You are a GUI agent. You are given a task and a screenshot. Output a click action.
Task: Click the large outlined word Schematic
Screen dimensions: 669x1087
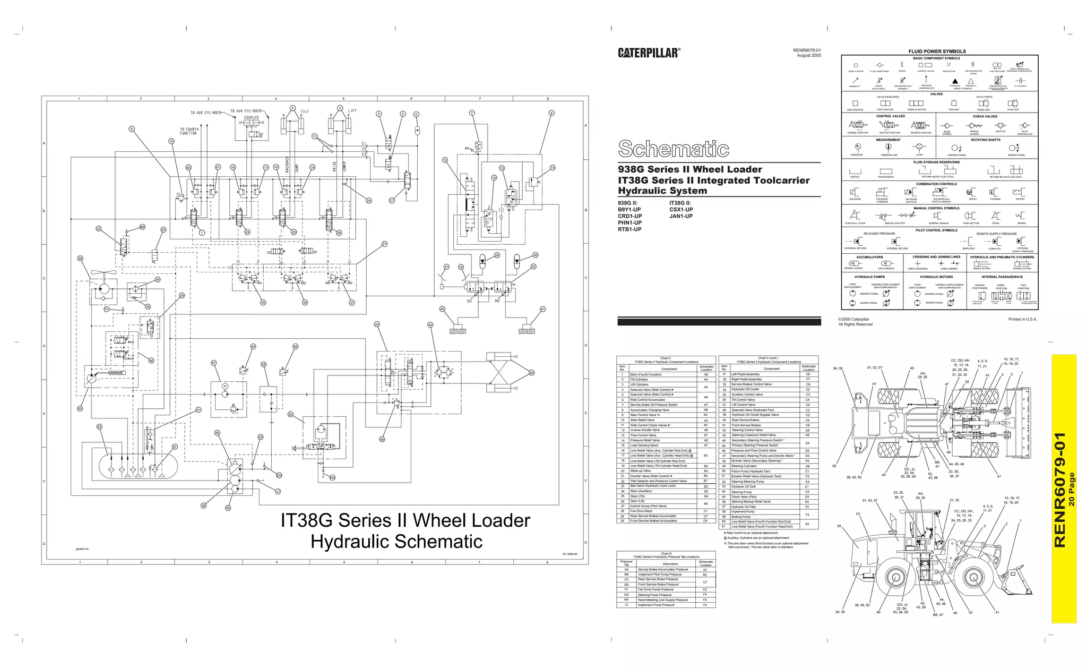point(673,149)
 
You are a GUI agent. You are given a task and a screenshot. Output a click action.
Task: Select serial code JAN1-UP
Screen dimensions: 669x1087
point(681,216)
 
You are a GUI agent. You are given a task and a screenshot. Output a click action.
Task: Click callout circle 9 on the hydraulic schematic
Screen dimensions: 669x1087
point(132,129)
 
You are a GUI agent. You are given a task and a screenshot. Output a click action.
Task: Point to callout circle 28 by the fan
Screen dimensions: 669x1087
point(80,259)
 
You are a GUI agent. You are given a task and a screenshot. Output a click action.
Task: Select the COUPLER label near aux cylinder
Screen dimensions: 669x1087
point(251,118)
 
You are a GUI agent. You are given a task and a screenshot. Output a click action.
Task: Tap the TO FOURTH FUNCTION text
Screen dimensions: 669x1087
point(188,131)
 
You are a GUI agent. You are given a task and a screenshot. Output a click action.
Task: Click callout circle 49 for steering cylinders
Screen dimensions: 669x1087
point(531,373)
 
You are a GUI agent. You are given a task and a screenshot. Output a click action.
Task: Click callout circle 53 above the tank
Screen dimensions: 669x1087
point(99,427)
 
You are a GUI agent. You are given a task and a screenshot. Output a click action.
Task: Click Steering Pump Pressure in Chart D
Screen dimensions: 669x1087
point(654,595)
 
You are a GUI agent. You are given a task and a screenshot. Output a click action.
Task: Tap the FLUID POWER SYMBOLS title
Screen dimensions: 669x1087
point(937,52)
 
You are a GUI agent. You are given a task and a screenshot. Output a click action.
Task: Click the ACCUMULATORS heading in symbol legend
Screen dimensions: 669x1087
point(869,257)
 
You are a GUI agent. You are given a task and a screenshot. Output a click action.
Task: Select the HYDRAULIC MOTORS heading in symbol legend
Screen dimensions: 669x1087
point(936,277)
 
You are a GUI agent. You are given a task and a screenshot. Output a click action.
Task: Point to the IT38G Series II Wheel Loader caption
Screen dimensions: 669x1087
point(405,520)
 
